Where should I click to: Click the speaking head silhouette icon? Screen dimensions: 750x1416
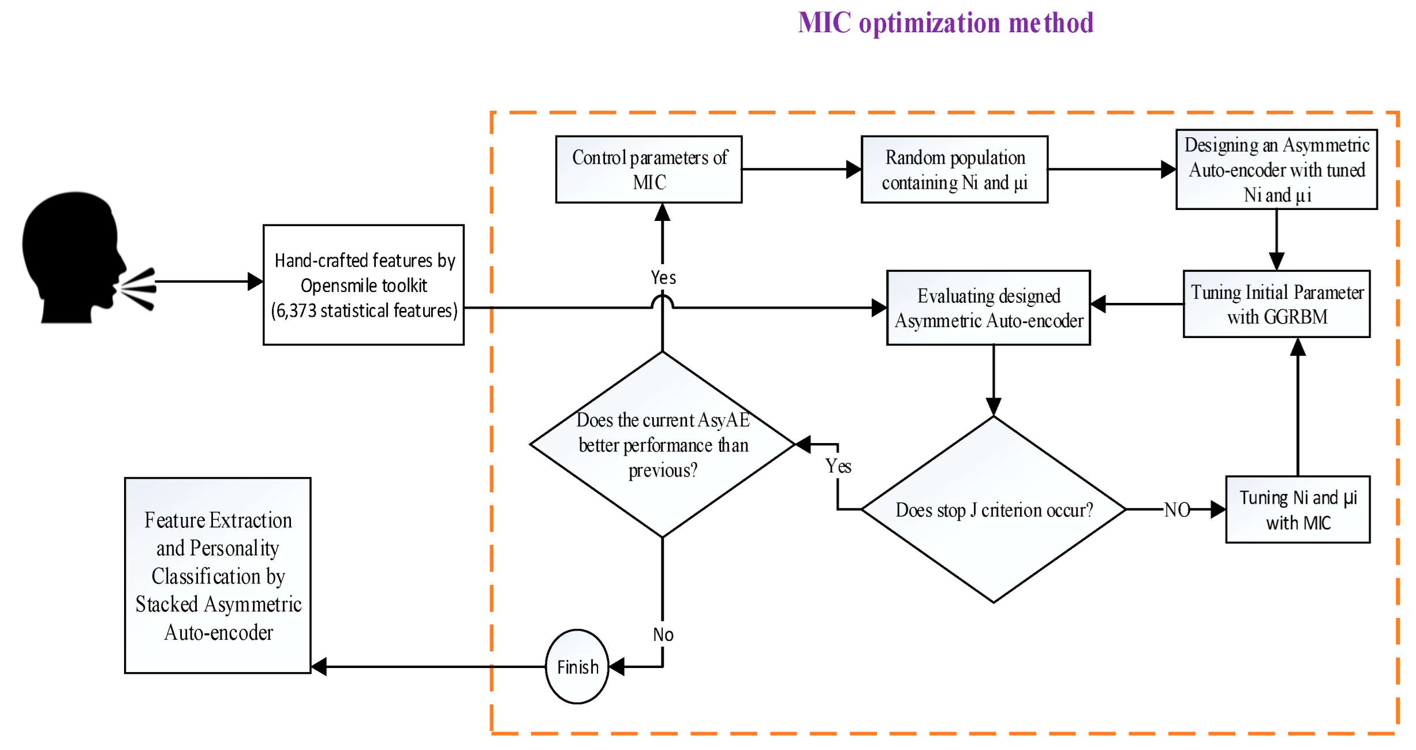point(75,257)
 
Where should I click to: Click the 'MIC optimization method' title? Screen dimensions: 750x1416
point(945,23)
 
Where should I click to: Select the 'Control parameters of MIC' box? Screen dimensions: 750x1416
point(648,169)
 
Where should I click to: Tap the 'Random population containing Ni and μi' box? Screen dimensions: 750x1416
point(954,169)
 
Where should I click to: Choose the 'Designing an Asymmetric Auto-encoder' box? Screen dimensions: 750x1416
point(1276,169)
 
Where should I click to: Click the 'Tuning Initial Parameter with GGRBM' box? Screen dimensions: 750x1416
point(1276,303)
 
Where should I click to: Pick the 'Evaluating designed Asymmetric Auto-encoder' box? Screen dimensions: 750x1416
point(988,307)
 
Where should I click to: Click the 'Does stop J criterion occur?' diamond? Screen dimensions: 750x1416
point(993,509)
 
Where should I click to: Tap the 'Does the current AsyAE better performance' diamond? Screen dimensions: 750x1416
point(662,444)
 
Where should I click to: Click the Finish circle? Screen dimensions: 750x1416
point(577,666)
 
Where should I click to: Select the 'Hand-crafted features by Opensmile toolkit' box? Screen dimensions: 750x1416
point(363,284)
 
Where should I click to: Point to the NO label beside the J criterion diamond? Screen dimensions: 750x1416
point(1176,509)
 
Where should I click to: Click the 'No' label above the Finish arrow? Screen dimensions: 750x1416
point(663,635)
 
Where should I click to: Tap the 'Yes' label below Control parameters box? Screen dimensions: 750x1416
point(663,277)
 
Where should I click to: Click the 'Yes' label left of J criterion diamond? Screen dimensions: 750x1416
point(838,466)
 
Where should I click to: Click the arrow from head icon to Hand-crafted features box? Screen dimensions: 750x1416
point(208,282)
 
